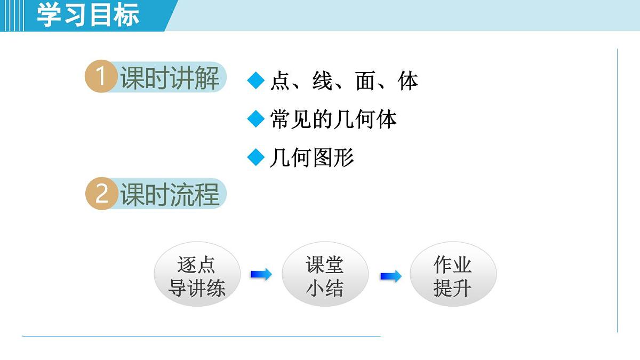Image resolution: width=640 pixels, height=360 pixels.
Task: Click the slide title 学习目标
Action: [88, 15]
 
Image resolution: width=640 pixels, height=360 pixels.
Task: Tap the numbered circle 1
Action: [100, 77]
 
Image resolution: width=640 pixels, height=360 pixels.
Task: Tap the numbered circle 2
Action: [101, 194]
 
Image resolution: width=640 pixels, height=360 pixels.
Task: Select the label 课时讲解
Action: [170, 78]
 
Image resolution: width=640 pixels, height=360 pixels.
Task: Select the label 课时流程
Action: [170, 194]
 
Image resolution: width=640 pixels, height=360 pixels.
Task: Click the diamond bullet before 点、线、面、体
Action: [256, 81]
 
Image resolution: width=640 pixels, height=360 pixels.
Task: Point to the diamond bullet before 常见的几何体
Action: [256, 119]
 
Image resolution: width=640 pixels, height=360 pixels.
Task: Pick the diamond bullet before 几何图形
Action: [256, 157]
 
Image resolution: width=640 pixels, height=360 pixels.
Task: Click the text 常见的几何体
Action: [333, 119]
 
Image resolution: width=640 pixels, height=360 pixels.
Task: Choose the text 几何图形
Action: [312, 158]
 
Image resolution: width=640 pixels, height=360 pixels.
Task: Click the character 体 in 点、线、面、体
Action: [408, 81]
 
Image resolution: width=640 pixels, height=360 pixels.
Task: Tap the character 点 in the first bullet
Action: [281, 81]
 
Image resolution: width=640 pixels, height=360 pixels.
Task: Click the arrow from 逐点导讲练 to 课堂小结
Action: [261, 275]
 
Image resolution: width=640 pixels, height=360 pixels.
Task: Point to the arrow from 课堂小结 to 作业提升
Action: [390, 276]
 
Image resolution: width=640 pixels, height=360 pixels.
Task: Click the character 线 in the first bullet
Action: [323, 81]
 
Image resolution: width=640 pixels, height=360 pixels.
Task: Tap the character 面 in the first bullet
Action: [366, 81]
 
